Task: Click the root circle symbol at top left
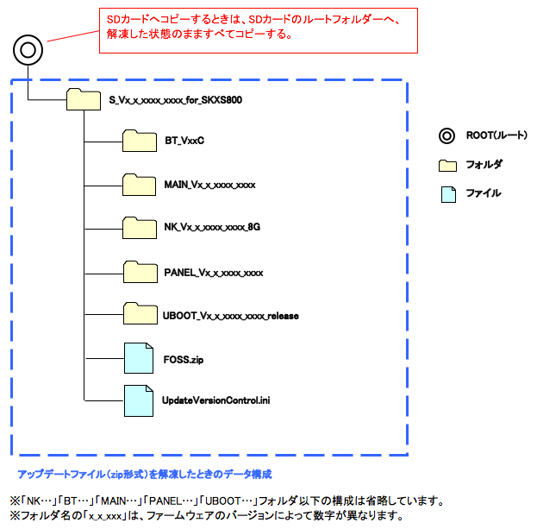[x=28, y=50]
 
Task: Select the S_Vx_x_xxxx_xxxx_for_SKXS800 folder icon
[x=83, y=100]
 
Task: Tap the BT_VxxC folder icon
[x=138, y=142]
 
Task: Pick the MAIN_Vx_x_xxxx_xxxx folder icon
[x=138, y=185]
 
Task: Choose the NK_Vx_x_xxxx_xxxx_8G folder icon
[x=138, y=228]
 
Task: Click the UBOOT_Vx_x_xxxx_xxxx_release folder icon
[x=138, y=315]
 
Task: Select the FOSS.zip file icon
[x=138, y=357]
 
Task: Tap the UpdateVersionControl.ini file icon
[x=138, y=399]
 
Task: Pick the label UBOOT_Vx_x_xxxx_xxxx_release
[x=230, y=316]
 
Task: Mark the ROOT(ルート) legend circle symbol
[x=446, y=135]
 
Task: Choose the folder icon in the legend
[x=446, y=164]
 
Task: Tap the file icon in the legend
[x=446, y=193]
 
